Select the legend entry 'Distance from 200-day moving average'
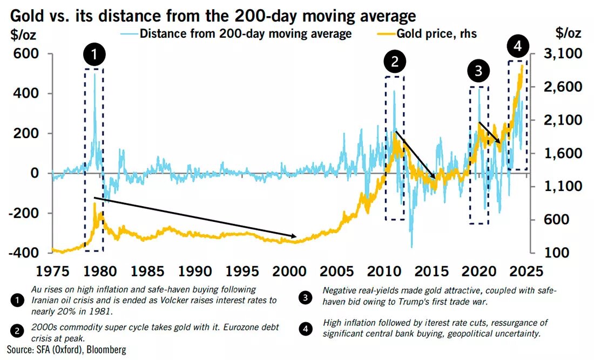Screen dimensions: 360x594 (x=246, y=33)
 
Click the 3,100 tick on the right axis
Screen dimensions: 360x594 (x=562, y=54)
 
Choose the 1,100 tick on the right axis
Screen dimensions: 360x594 (x=562, y=187)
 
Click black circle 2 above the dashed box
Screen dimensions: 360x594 (x=395, y=62)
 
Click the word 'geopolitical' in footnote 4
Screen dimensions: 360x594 (x=463, y=333)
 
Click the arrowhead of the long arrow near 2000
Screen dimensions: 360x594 (x=295, y=236)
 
